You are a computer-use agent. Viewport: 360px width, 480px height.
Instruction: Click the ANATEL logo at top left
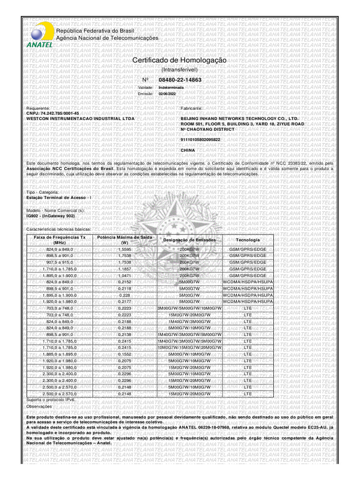(x=37, y=34)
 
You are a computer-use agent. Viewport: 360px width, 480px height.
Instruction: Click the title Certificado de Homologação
(x=180, y=61)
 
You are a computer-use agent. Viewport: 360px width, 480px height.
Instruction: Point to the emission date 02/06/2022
(x=167, y=94)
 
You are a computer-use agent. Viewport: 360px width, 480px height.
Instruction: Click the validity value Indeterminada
(x=171, y=88)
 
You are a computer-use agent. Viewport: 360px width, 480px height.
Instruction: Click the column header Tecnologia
(x=248, y=240)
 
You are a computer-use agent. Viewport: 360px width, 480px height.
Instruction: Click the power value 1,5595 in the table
(x=125, y=249)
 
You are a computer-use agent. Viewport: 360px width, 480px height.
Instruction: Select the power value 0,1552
(x=125, y=354)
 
